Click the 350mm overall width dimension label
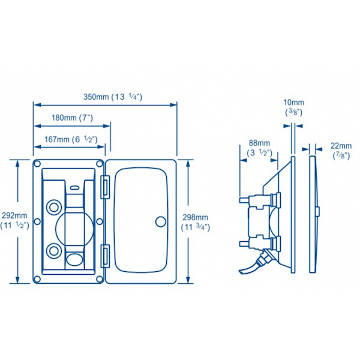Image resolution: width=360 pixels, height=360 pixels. (112, 97)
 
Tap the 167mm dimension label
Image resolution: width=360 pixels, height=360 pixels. (70, 140)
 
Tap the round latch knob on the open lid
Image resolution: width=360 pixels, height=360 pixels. (160, 221)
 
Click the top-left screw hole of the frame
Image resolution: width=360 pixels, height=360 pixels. (38, 164)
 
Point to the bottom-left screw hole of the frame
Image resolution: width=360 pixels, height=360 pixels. (38, 279)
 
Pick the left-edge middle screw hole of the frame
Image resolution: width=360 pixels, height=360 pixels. (37, 222)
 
